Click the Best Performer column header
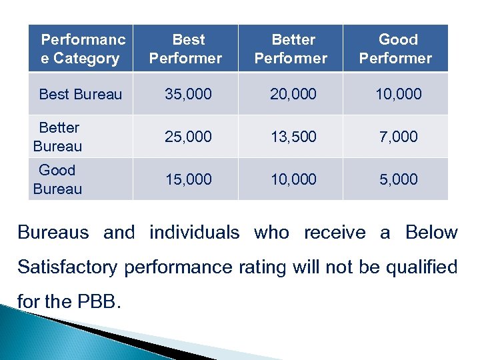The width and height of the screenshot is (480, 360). pyautogui.click(x=185, y=49)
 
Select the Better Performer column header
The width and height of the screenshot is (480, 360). pyautogui.click(x=291, y=49)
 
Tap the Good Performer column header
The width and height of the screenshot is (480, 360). pyautogui.click(x=395, y=49)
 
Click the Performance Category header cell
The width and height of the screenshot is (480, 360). pyautogui.click(x=81, y=49)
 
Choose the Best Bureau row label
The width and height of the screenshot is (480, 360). pyautogui.click(x=81, y=94)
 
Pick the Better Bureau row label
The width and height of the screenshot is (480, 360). pyautogui.click(x=58, y=137)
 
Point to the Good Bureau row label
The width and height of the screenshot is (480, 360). pyautogui.click(x=57, y=179)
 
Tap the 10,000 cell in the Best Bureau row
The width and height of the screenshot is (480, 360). pyautogui.click(x=398, y=94)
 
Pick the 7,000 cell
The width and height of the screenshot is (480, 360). pyautogui.click(x=398, y=137)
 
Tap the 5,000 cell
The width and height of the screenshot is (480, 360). pyautogui.click(x=398, y=179)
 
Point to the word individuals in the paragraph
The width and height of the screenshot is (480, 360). pyautogui.click(x=194, y=233)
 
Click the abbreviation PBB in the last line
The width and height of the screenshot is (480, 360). pyautogui.click(x=103, y=302)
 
